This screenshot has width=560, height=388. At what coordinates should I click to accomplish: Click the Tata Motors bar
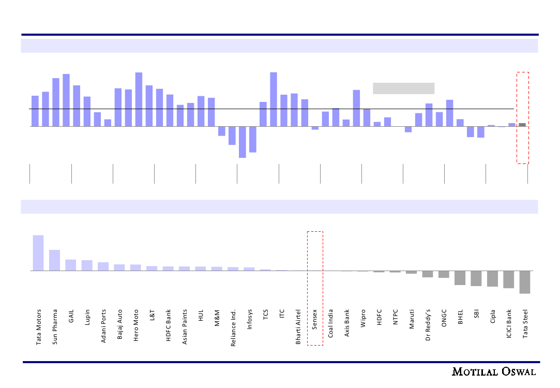coord(38,253)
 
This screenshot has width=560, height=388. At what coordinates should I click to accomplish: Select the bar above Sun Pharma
coord(54,260)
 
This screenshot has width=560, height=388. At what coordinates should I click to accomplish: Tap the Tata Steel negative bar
coord(525,282)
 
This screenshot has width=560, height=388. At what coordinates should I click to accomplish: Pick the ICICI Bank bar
coord(509,279)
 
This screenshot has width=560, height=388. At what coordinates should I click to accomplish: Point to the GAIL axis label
coord(71,316)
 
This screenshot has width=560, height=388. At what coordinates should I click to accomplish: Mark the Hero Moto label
coord(136,324)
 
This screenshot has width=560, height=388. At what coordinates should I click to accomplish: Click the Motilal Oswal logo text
coord(494,372)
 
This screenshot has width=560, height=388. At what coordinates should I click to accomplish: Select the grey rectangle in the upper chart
coord(403,88)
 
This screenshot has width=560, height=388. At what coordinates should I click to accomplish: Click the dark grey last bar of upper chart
coord(522,125)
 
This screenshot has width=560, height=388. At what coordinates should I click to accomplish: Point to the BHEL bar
coord(460,278)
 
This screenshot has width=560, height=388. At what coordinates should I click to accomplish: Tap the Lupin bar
coord(87,265)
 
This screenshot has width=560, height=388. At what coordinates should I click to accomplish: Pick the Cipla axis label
coord(493,317)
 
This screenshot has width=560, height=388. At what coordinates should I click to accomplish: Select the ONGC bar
coord(444,274)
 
